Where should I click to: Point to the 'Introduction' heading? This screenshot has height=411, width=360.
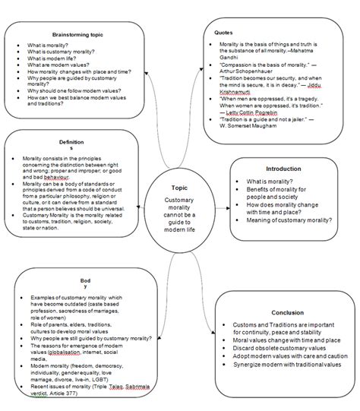point(283,169)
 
